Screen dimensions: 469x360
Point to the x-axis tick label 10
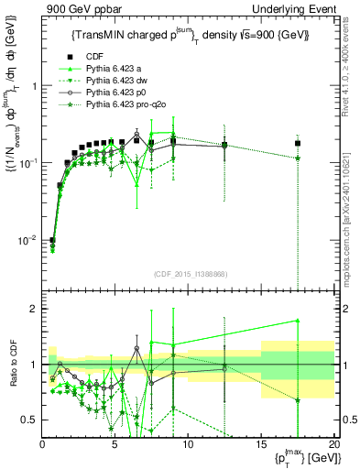[188, 444]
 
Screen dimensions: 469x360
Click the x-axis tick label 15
[260, 444]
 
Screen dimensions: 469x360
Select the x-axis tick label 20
[333, 444]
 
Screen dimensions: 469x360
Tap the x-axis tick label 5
[115, 444]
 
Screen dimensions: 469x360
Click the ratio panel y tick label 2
[32, 309]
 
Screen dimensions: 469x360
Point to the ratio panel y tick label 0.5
[28, 420]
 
